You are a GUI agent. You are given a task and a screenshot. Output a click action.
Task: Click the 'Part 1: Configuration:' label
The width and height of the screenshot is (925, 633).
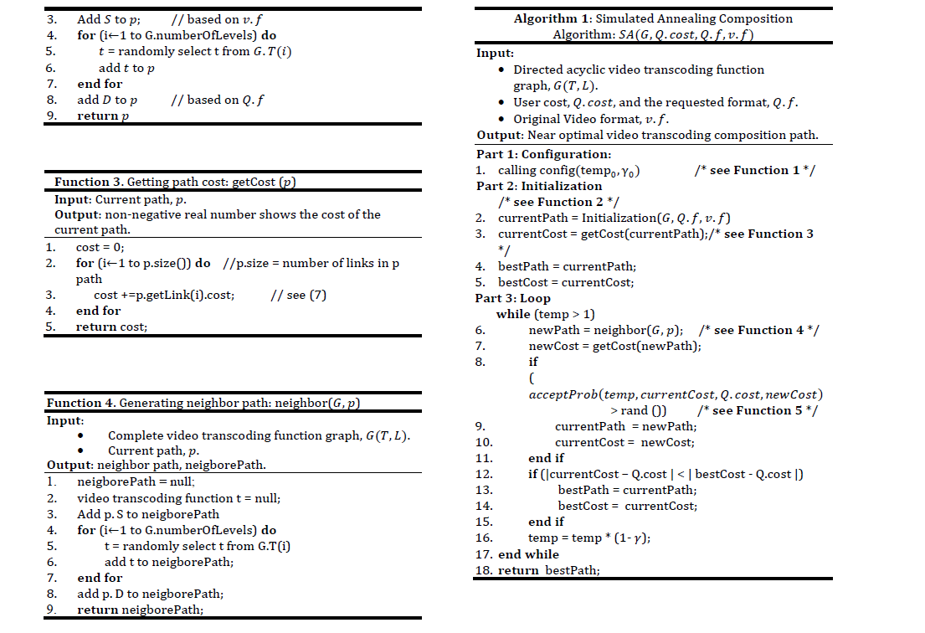pos(543,154)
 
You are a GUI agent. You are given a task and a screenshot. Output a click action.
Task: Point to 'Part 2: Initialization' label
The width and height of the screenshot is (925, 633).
pos(539,186)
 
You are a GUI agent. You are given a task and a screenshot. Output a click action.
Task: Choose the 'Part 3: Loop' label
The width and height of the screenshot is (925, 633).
pos(512,298)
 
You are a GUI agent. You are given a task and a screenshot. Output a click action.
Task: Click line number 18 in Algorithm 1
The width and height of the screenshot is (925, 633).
pos(483,570)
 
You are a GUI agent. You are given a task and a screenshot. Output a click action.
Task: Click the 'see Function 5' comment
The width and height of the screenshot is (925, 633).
pos(757,410)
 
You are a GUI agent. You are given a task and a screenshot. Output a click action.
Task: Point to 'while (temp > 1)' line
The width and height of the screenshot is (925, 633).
pos(546,314)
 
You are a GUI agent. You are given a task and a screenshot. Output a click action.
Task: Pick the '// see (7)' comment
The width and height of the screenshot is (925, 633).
pos(299,295)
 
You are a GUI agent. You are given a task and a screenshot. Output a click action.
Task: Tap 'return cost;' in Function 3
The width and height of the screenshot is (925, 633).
pos(111,327)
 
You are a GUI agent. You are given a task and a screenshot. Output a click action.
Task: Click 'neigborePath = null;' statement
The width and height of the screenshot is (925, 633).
pos(136,481)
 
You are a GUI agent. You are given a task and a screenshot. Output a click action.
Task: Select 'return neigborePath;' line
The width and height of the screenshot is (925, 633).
pos(141,610)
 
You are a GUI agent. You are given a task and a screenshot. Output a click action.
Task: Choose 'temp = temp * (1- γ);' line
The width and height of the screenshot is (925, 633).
pos(589,538)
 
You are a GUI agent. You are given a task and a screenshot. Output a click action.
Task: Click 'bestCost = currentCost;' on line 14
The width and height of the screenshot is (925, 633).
pos(627,506)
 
